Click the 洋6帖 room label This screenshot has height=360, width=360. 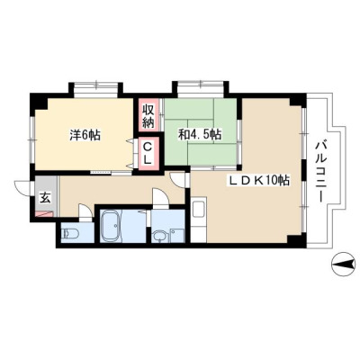click(x=85, y=135)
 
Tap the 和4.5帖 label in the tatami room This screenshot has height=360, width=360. click(x=200, y=134)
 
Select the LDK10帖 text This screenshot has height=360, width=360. click(x=259, y=180)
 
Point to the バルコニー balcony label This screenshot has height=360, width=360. click(x=320, y=172)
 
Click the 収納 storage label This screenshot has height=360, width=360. click(x=148, y=115)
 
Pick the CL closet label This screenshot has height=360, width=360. click(x=148, y=153)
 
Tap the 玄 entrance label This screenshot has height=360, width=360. click(x=45, y=198)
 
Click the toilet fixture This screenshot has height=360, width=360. click(x=69, y=233)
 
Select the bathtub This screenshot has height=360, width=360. click(x=110, y=226)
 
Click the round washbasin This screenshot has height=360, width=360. click(x=158, y=237)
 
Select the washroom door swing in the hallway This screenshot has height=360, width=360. click(x=161, y=198)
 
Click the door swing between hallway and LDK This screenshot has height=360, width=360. click(x=178, y=180)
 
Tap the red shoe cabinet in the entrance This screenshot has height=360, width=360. click(x=44, y=214)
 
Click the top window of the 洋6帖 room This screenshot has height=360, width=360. click(x=95, y=87)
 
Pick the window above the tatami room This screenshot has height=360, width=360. click(x=200, y=87)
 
